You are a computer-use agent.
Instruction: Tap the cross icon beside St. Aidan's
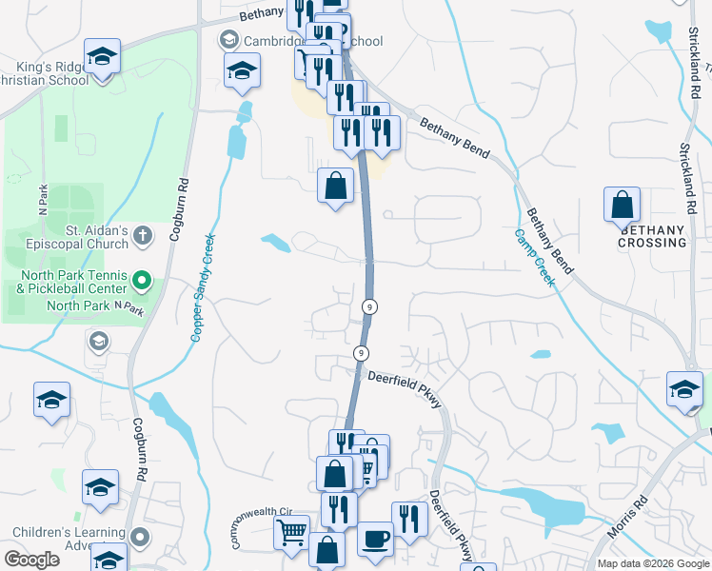click(142, 234)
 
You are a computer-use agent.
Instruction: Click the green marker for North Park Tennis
click(142, 281)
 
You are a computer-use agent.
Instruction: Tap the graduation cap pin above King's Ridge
click(102, 56)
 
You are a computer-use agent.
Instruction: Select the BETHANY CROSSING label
click(653, 236)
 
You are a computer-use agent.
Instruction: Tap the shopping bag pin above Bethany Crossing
click(622, 205)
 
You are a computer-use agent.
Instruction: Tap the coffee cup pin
click(375, 539)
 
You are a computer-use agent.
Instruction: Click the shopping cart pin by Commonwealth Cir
click(291, 532)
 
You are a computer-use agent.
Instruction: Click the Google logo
click(31, 560)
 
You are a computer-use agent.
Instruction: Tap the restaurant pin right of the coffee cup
click(409, 520)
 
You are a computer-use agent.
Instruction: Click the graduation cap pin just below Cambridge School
click(243, 70)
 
